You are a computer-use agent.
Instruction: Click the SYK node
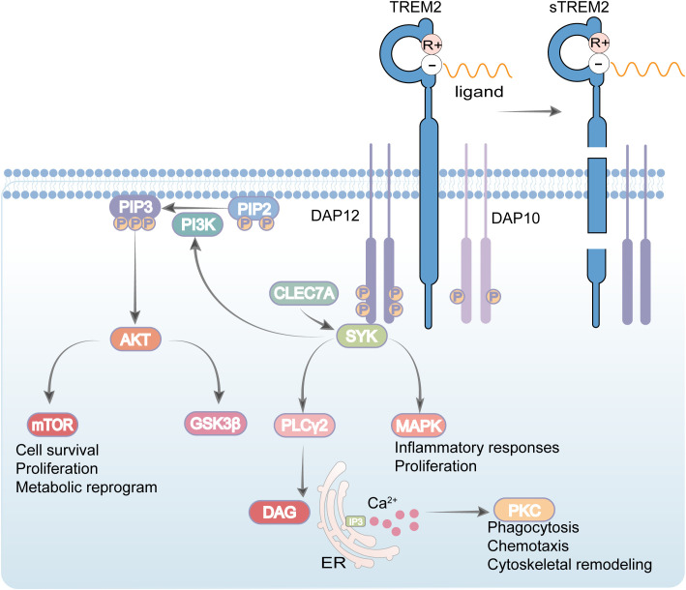click(x=361, y=336)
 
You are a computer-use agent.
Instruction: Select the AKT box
click(x=135, y=339)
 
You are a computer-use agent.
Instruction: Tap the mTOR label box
click(x=52, y=425)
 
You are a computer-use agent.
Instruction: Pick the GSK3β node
click(x=215, y=424)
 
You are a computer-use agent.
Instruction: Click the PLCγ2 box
click(x=305, y=426)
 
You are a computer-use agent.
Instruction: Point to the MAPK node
click(x=418, y=426)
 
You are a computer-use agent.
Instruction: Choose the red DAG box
click(x=280, y=513)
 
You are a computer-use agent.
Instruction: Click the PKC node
click(x=524, y=510)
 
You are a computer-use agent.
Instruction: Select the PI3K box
click(x=197, y=224)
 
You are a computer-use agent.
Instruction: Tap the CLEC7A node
click(x=304, y=293)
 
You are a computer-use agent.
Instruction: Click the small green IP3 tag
click(x=355, y=521)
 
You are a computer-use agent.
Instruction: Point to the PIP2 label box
click(x=254, y=209)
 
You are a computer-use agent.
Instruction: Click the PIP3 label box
click(x=135, y=206)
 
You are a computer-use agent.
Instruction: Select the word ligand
click(x=479, y=92)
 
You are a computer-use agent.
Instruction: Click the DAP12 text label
click(x=335, y=216)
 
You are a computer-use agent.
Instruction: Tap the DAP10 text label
click(x=516, y=218)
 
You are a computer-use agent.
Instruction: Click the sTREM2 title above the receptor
click(x=579, y=7)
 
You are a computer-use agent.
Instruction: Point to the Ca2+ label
click(x=382, y=503)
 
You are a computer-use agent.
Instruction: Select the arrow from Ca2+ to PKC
click(x=458, y=512)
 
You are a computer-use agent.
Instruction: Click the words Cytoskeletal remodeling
click(x=570, y=565)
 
